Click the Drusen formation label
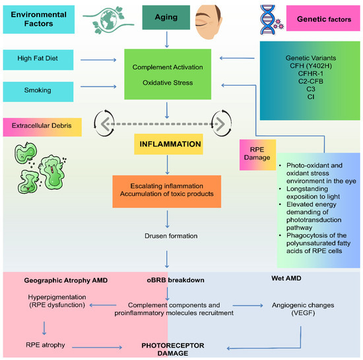(x=170, y=236)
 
